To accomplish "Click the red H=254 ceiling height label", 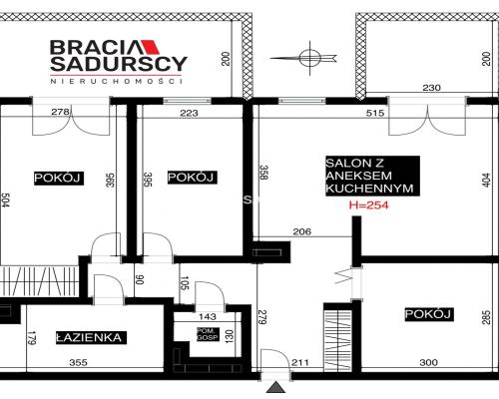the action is click(x=368, y=205).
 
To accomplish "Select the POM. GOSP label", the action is click(x=209, y=334).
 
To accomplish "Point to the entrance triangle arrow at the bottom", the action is click(x=275, y=387).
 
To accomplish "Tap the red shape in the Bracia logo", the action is click(x=152, y=47).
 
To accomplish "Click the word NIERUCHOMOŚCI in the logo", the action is click(x=116, y=81).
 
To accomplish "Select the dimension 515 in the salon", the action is click(x=375, y=113).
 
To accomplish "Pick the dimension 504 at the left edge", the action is click(x=5, y=200).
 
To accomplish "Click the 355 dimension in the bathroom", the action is click(x=79, y=362).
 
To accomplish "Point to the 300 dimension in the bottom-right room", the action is click(x=428, y=362).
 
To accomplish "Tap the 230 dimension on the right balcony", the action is click(x=431, y=88).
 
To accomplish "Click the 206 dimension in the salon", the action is click(x=302, y=231).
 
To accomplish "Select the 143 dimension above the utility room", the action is click(x=207, y=316).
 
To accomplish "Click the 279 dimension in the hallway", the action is click(x=262, y=317).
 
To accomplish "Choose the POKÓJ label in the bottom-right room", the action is click(x=428, y=314).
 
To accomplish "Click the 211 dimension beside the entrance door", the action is click(x=300, y=362).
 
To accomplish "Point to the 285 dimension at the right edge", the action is click(x=486, y=317).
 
